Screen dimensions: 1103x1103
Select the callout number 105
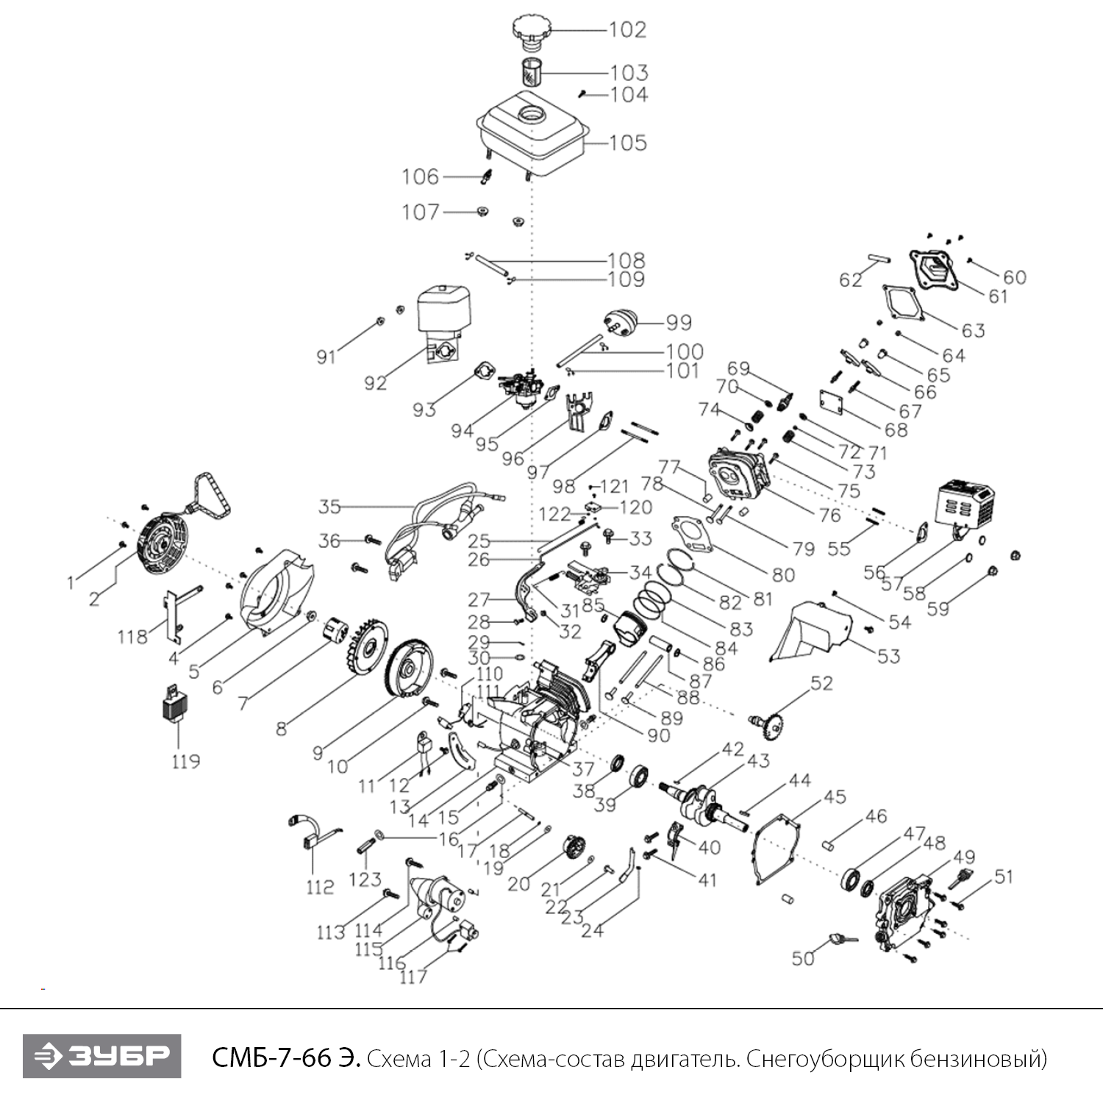tap(628, 142)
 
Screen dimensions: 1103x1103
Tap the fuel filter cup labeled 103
tap(532, 73)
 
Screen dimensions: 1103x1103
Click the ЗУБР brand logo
tap(101, 1056)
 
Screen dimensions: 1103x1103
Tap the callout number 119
tap(185, 760)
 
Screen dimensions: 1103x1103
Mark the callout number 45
tap(835, 797)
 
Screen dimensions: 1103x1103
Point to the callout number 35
tap(329, 507)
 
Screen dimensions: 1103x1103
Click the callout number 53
tap(888, 655)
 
